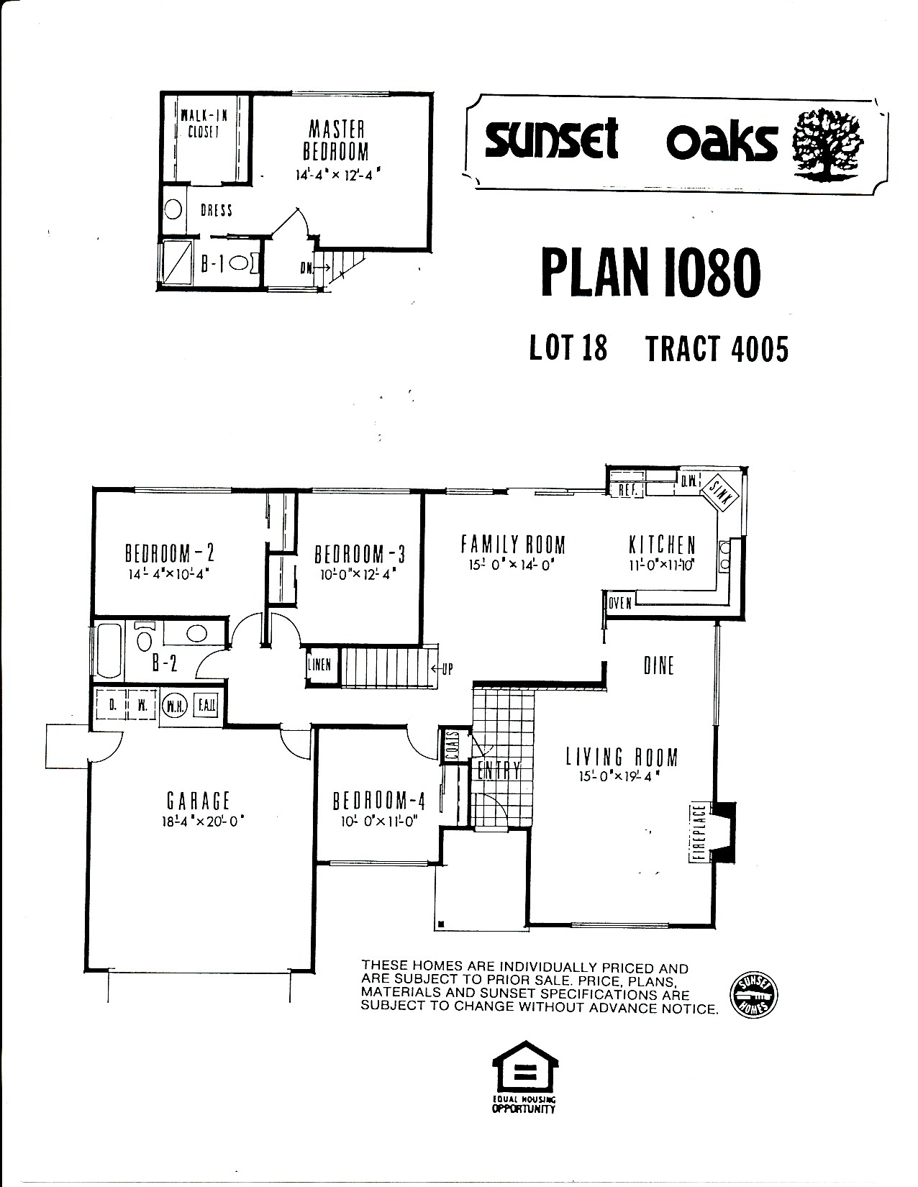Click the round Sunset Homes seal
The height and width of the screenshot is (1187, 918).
[x=754, y=995]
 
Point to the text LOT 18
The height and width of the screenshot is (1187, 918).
[x=568, y=348]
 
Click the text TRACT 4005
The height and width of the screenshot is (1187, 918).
[x=717, y=349]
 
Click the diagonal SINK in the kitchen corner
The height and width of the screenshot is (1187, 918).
[x=719, y=494]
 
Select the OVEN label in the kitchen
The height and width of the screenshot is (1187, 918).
[x=620, y=603]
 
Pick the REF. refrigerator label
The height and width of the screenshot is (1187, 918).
[x=627, y=490]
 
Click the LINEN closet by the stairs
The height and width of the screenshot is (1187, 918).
[x=319, y=665]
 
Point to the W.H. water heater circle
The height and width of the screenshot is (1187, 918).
[x=175, y=706]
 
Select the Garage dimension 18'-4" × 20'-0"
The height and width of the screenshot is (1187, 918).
[x=202, y=822]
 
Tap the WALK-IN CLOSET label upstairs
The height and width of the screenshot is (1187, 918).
[x=204, y=124]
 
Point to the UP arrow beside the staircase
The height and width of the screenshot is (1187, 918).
[x=442, y=668]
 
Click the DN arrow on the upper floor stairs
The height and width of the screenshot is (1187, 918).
[x=314, y=268]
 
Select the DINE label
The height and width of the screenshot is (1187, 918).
[x=659, y=666]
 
